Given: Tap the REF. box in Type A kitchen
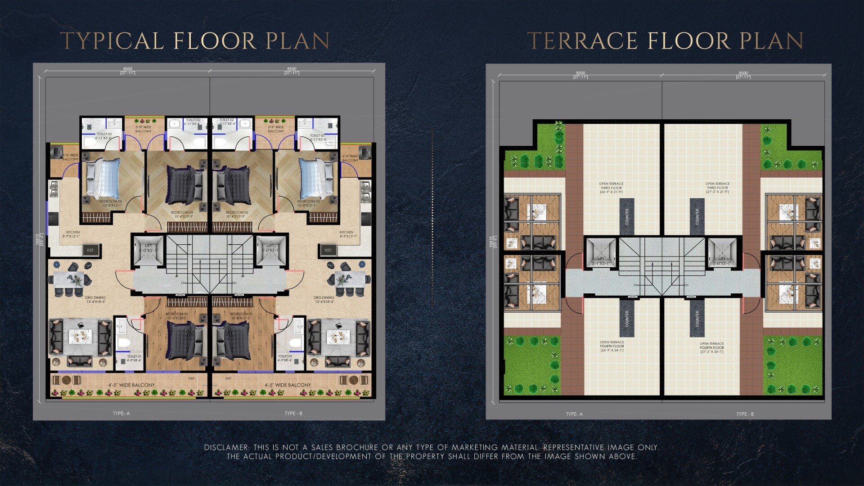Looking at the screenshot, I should [x=90, y=250].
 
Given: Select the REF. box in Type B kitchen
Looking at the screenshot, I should [x=328, y=250].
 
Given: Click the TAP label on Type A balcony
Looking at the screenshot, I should [x=191, y=378].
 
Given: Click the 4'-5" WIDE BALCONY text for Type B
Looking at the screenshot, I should [x=288, y=385].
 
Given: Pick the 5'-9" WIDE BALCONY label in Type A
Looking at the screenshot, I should [x=143, y=129].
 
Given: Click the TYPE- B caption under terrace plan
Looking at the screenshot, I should [x=745, y=414].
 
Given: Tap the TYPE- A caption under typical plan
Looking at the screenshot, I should [x=121, y=413].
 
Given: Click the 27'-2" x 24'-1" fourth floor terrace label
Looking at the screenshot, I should [x=711, y=348].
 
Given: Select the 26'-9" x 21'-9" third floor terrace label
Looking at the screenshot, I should [x=611, y=188].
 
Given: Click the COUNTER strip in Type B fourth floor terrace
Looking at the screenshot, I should [x=697, y=319].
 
